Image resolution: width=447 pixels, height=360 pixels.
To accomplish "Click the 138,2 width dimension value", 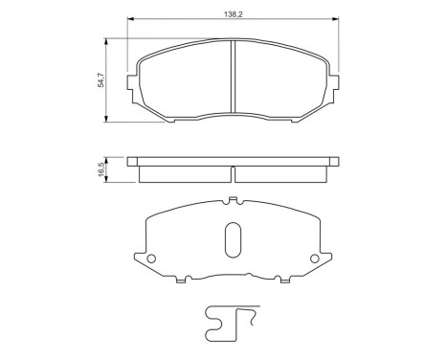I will pyautogui.click(x=234, y=12).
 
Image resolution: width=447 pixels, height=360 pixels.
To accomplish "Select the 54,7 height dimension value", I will pyautogui.click(x=100, y=79).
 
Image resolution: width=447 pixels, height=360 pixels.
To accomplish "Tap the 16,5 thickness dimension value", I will pyautogui.click(x=100, y=169).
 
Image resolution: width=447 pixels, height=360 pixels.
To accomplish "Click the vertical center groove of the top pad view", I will pyautogui.click(x=234, y=79).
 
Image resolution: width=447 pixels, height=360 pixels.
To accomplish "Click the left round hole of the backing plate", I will pyautogui.click(x=149, y=259).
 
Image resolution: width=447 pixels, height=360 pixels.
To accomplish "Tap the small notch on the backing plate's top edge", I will pyautogui.click(x=233, y=200).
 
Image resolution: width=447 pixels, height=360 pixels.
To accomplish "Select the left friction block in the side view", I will pyautogui.click(x=184, y=174).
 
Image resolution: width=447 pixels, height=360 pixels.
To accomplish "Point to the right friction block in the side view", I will pyautogui.click(x=282, y=174).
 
